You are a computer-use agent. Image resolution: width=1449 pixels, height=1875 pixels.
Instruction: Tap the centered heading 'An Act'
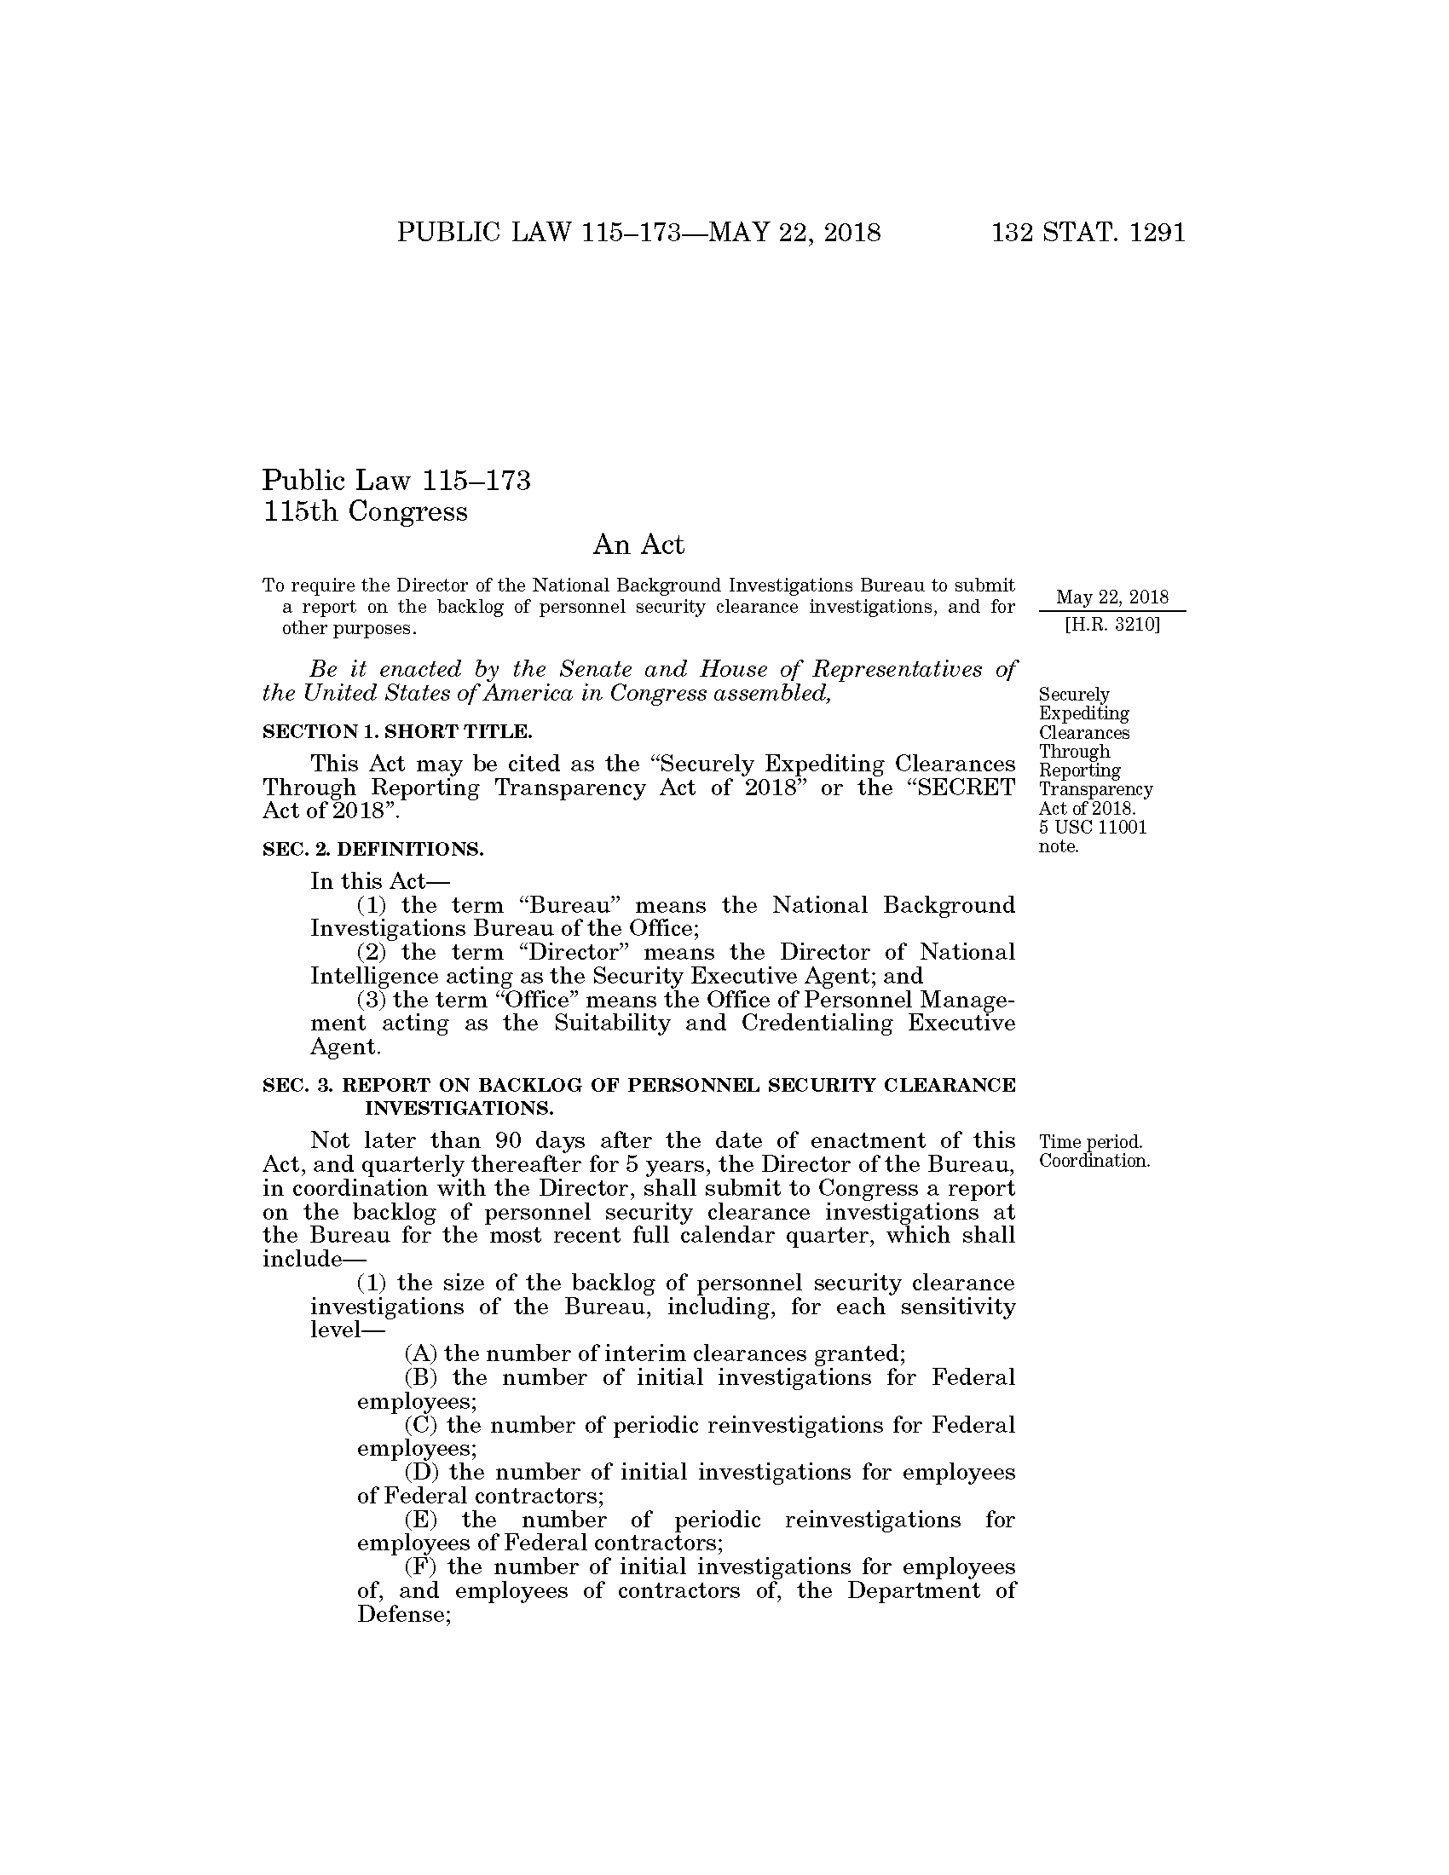tap(638, 545)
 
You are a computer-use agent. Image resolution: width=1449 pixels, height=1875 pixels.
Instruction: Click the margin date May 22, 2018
tap(1111, 597)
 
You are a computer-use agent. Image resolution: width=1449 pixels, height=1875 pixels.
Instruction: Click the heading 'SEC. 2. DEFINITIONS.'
tap(372, 849)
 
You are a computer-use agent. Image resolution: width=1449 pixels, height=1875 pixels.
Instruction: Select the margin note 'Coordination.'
tap(1094, 1161)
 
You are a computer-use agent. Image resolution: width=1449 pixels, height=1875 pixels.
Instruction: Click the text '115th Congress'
tap(365, 511)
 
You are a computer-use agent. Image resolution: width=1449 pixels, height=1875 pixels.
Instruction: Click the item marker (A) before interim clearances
tap(420, 1354)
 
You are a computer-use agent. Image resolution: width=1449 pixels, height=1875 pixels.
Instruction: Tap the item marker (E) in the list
tap(420, 1520)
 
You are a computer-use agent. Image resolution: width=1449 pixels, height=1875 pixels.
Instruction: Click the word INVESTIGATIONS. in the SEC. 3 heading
tap(459, 1107)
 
